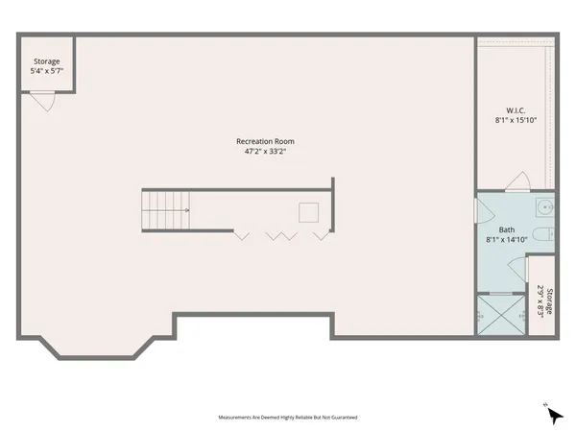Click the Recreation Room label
(x=266, y=141)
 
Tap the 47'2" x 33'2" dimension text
(x=266, y=151)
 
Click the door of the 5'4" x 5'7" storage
(x=43, y=100)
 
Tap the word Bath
(x=507, y=229)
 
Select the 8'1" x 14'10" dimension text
(x=507, y=240)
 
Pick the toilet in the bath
(x=541, y=236)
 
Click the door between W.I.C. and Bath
(x=518, y=181)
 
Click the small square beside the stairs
(x=309, y=212)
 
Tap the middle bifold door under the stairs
(x=278, y=234)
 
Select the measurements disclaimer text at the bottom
(x=275, y=418)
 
